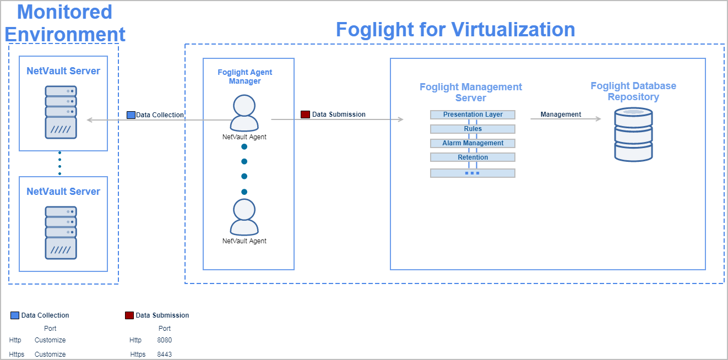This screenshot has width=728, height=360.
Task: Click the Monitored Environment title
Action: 65,23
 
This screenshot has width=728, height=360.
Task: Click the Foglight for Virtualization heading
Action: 455,29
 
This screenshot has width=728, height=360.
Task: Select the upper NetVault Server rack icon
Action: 61,112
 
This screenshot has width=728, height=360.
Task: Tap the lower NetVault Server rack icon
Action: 61,232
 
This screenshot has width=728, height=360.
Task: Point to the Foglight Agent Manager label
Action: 245,77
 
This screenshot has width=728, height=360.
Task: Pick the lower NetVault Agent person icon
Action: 244,217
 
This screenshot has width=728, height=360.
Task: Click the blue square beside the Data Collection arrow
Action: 131,115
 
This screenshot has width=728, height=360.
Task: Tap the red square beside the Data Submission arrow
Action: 305,114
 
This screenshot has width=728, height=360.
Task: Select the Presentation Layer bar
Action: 472,114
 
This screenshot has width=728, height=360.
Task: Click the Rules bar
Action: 472,129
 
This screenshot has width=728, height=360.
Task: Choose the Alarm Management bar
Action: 472,143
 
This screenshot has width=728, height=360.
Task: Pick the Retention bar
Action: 472,157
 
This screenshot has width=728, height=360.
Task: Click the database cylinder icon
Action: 633,134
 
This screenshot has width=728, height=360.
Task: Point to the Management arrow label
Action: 561,114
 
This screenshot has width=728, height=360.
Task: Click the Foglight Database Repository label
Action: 633,91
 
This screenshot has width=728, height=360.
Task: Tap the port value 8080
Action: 164,340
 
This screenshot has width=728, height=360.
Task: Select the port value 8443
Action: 164,354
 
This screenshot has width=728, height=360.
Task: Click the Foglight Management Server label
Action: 471,92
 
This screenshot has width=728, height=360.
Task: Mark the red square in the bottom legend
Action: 129,315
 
